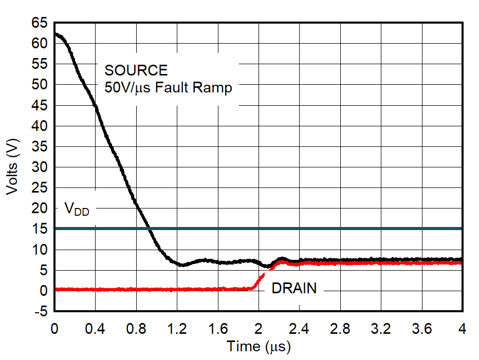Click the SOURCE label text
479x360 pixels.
click(x=136, y=70)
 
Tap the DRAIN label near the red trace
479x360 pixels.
click(x=294, y=289)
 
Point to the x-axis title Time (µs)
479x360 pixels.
click(x=259, y=347)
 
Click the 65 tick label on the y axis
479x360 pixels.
click(x=40, y=23)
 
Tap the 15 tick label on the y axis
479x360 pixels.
click(x=40, y=229)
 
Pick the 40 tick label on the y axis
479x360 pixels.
click(x=40, y=126)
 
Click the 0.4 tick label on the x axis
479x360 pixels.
click(x=95, y=329)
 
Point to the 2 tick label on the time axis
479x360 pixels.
click(x=259, y=329)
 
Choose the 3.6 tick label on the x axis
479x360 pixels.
click(x=422, y=329)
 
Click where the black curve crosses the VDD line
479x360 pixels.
click(x=149, y=229)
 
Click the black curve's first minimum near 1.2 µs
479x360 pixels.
click(x=181, y=264)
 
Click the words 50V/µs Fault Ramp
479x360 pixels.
click(x=168, y=88)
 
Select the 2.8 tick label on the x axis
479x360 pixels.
click(x=340, y=329)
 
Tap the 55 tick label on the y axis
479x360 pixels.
click(x=40, y=64)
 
